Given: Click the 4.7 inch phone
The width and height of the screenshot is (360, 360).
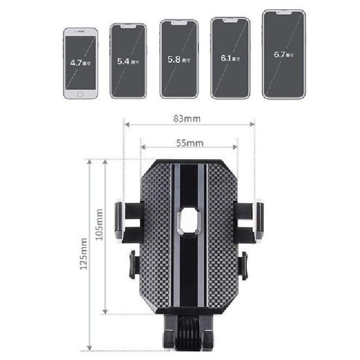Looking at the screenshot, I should [80, 64].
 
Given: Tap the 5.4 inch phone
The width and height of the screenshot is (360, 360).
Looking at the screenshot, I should [128, 61].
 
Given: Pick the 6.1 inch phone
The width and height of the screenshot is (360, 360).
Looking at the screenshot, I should [231, 58].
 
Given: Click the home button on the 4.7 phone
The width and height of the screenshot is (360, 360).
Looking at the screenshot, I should [80, 94].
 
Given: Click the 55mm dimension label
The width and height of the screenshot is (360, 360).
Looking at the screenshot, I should [189, 143].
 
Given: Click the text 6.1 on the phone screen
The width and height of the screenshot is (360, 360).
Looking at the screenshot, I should [226, 57].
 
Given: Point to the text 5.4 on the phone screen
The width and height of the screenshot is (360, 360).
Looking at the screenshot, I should [124, 61].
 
